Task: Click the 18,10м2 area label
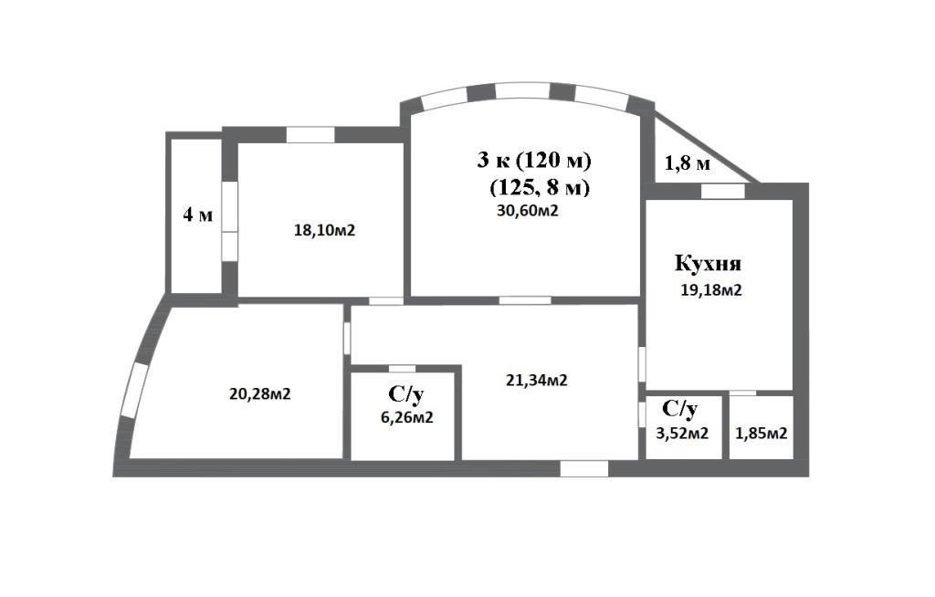pos(324,231)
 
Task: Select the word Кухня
pos(708,265)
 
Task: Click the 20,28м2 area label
pos(260,394)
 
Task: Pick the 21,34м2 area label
pos(537,381)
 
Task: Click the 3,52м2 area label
pos(682,433)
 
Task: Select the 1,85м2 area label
pos(761,433)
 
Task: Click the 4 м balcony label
pos(197,215)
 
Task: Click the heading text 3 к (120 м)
pos(534,161)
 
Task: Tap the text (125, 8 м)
pos(540,187)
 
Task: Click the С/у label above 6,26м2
pos(405,395)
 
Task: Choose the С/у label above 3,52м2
pos(680,408)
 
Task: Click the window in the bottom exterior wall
pos(583,468)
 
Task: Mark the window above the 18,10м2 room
pos(310,135)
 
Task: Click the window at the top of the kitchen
pos(723,191)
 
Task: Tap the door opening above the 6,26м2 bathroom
pos(402,368)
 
